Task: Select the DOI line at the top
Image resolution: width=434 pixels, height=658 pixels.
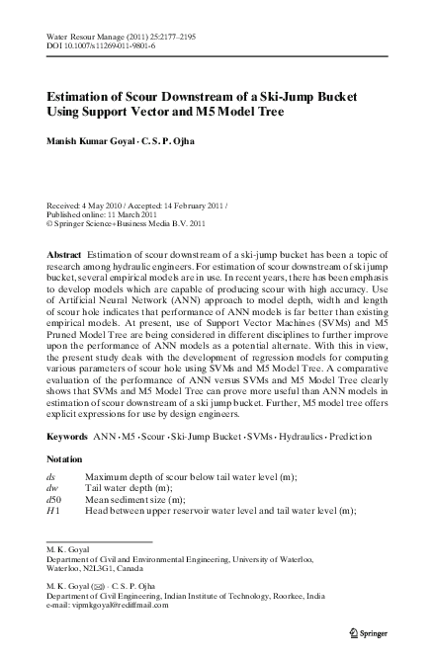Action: coord(101,44)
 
